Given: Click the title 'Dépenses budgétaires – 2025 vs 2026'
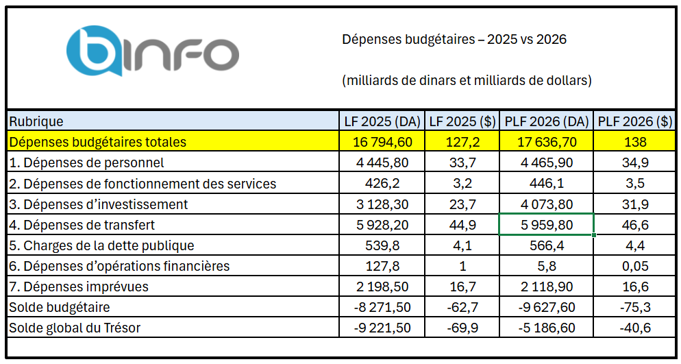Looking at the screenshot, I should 454,40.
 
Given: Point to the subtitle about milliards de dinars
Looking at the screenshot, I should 466,80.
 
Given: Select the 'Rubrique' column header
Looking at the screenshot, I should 36,122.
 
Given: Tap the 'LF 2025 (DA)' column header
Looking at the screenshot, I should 382,122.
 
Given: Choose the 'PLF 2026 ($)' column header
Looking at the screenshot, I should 634,122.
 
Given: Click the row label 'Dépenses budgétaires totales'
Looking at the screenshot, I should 97,143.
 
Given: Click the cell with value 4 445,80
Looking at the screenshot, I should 382,163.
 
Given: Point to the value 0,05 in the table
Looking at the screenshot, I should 634,266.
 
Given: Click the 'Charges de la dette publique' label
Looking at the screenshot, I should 101,245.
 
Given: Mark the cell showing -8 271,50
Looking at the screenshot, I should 382,307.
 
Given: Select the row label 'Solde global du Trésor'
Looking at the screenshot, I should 75,328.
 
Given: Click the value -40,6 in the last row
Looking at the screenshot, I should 634,328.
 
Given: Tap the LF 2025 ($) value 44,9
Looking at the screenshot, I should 462,225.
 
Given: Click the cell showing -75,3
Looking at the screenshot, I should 634,307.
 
